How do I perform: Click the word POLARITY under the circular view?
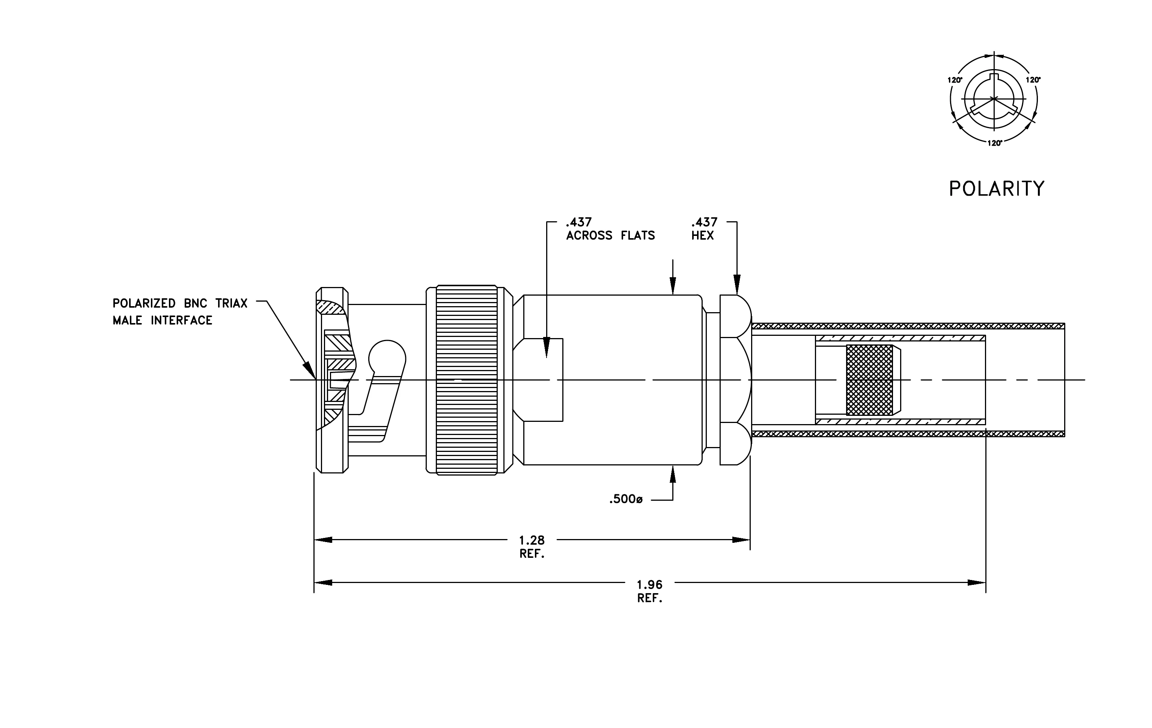(x=997, y=189)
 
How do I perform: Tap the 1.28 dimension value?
(x=532, y=541)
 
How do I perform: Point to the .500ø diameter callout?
(x=626, y=500)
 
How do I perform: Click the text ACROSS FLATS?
(x=610, y=236)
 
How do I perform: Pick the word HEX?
(x=702, y=236)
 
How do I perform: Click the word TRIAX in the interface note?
(x=232, y=304)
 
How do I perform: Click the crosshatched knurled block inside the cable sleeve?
(x=869, y=380)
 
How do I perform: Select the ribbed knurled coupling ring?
(x=467, y=380)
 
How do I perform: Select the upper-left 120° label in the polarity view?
(x=955, y=80)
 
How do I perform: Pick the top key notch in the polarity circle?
(x=994, y=79)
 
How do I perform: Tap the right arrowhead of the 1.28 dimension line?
(x=741, y=540)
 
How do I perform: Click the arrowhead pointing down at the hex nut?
(x=737, y=285)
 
